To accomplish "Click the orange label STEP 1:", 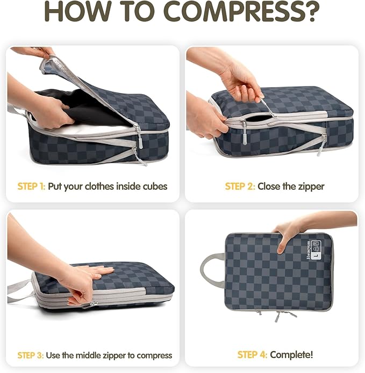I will tap(31, 186).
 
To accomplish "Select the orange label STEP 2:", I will tap(239, 186).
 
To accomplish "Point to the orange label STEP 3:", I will tap(31, 355).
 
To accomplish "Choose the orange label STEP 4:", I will tap(252, 355).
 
